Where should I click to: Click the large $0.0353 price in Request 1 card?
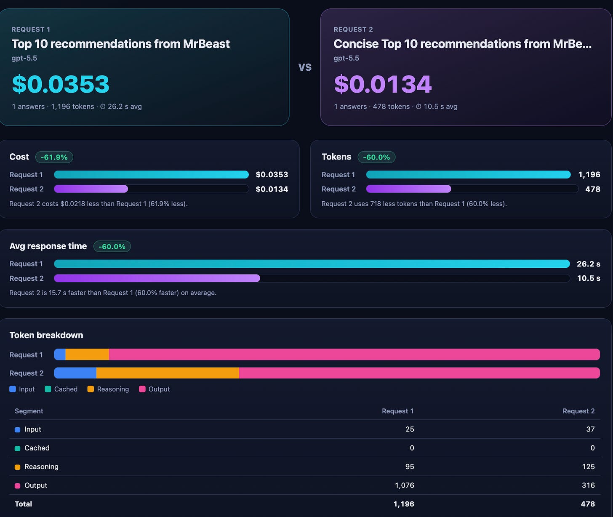click(61, 84)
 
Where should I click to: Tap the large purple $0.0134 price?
click(383, 84)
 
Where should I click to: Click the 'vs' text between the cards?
click(305, 67)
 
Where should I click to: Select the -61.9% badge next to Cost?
click(54, 157)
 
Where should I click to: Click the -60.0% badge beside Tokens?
click(376, 157)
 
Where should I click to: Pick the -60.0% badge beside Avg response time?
click(112, 246)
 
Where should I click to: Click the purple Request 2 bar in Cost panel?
click(91, 189)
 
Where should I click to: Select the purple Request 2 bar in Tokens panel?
click(409, 189)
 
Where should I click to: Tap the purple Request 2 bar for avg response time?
click(157, 278)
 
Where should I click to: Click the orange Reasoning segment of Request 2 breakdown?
click(168, 373)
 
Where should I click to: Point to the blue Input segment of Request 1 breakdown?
click(60, 354)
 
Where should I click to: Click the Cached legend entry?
click(61, 389)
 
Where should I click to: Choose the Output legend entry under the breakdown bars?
click(155, 389)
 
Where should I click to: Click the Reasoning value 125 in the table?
click(588, 466)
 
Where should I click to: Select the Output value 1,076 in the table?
click(404, 485)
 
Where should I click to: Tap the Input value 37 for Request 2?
click(590, 429)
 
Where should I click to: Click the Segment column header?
click(29, 411)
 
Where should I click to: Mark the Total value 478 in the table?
click(588, 504)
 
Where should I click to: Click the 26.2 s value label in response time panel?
click(588, 264)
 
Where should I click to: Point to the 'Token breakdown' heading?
click(46, 335)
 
